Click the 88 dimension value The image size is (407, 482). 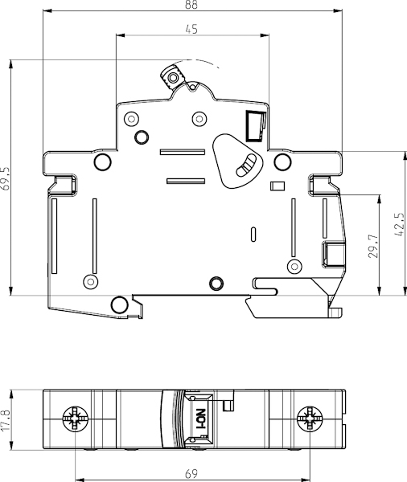click(191, 4)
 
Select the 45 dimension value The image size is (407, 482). click(191, 29)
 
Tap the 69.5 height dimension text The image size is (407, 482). click(6, 178)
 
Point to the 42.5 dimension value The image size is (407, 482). click(399, 224)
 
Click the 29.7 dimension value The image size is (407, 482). click(373, 246)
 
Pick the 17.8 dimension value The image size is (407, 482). click(6, 420)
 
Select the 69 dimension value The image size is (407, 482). click(191, 473)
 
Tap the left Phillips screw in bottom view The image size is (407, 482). click(75, 419)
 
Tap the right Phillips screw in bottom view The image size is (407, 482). click(310, 419)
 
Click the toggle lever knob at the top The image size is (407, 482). click(173, 77)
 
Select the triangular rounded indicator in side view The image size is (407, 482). click(237, 161)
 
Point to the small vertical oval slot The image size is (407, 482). click(253, 235)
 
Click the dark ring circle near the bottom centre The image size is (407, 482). click(216, 283)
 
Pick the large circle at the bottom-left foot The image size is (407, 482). click(119, 304)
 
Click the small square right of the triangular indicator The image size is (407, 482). click(277, 186)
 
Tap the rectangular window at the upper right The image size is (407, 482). click(255, 126)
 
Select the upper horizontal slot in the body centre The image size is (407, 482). click(183, 152)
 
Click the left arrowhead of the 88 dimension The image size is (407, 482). click(47, 11)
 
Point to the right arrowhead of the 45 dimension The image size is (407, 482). click(265, 35)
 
